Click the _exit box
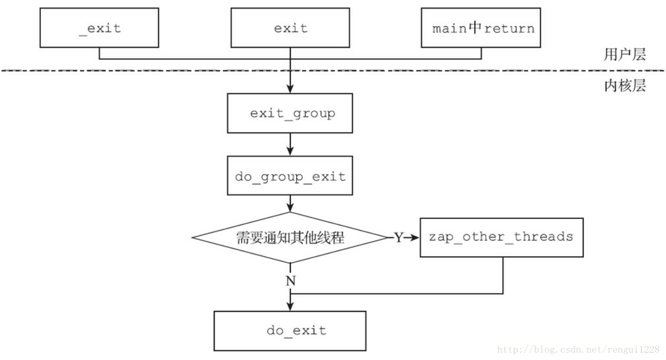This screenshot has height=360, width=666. point(99,28)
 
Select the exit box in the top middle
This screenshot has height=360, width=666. point(290,28)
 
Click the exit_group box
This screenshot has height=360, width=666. point(290,113)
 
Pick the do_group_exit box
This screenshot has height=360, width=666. point(290,176)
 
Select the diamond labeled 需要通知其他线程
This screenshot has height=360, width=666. point(290,237)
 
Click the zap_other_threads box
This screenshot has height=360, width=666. point(501,237)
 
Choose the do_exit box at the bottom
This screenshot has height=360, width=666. point(290,331)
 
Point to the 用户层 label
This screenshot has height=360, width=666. point(625,54)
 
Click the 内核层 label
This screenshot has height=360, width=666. point(625,85)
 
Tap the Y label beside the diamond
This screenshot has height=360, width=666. point(398,238)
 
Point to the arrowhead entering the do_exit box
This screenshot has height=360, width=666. point(290,307)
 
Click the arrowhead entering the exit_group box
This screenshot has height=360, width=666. point(290,90)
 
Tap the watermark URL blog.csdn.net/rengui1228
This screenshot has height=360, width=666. point(578,350)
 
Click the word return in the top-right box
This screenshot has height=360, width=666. point(509,28)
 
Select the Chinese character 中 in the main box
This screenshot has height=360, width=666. point(475,28)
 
